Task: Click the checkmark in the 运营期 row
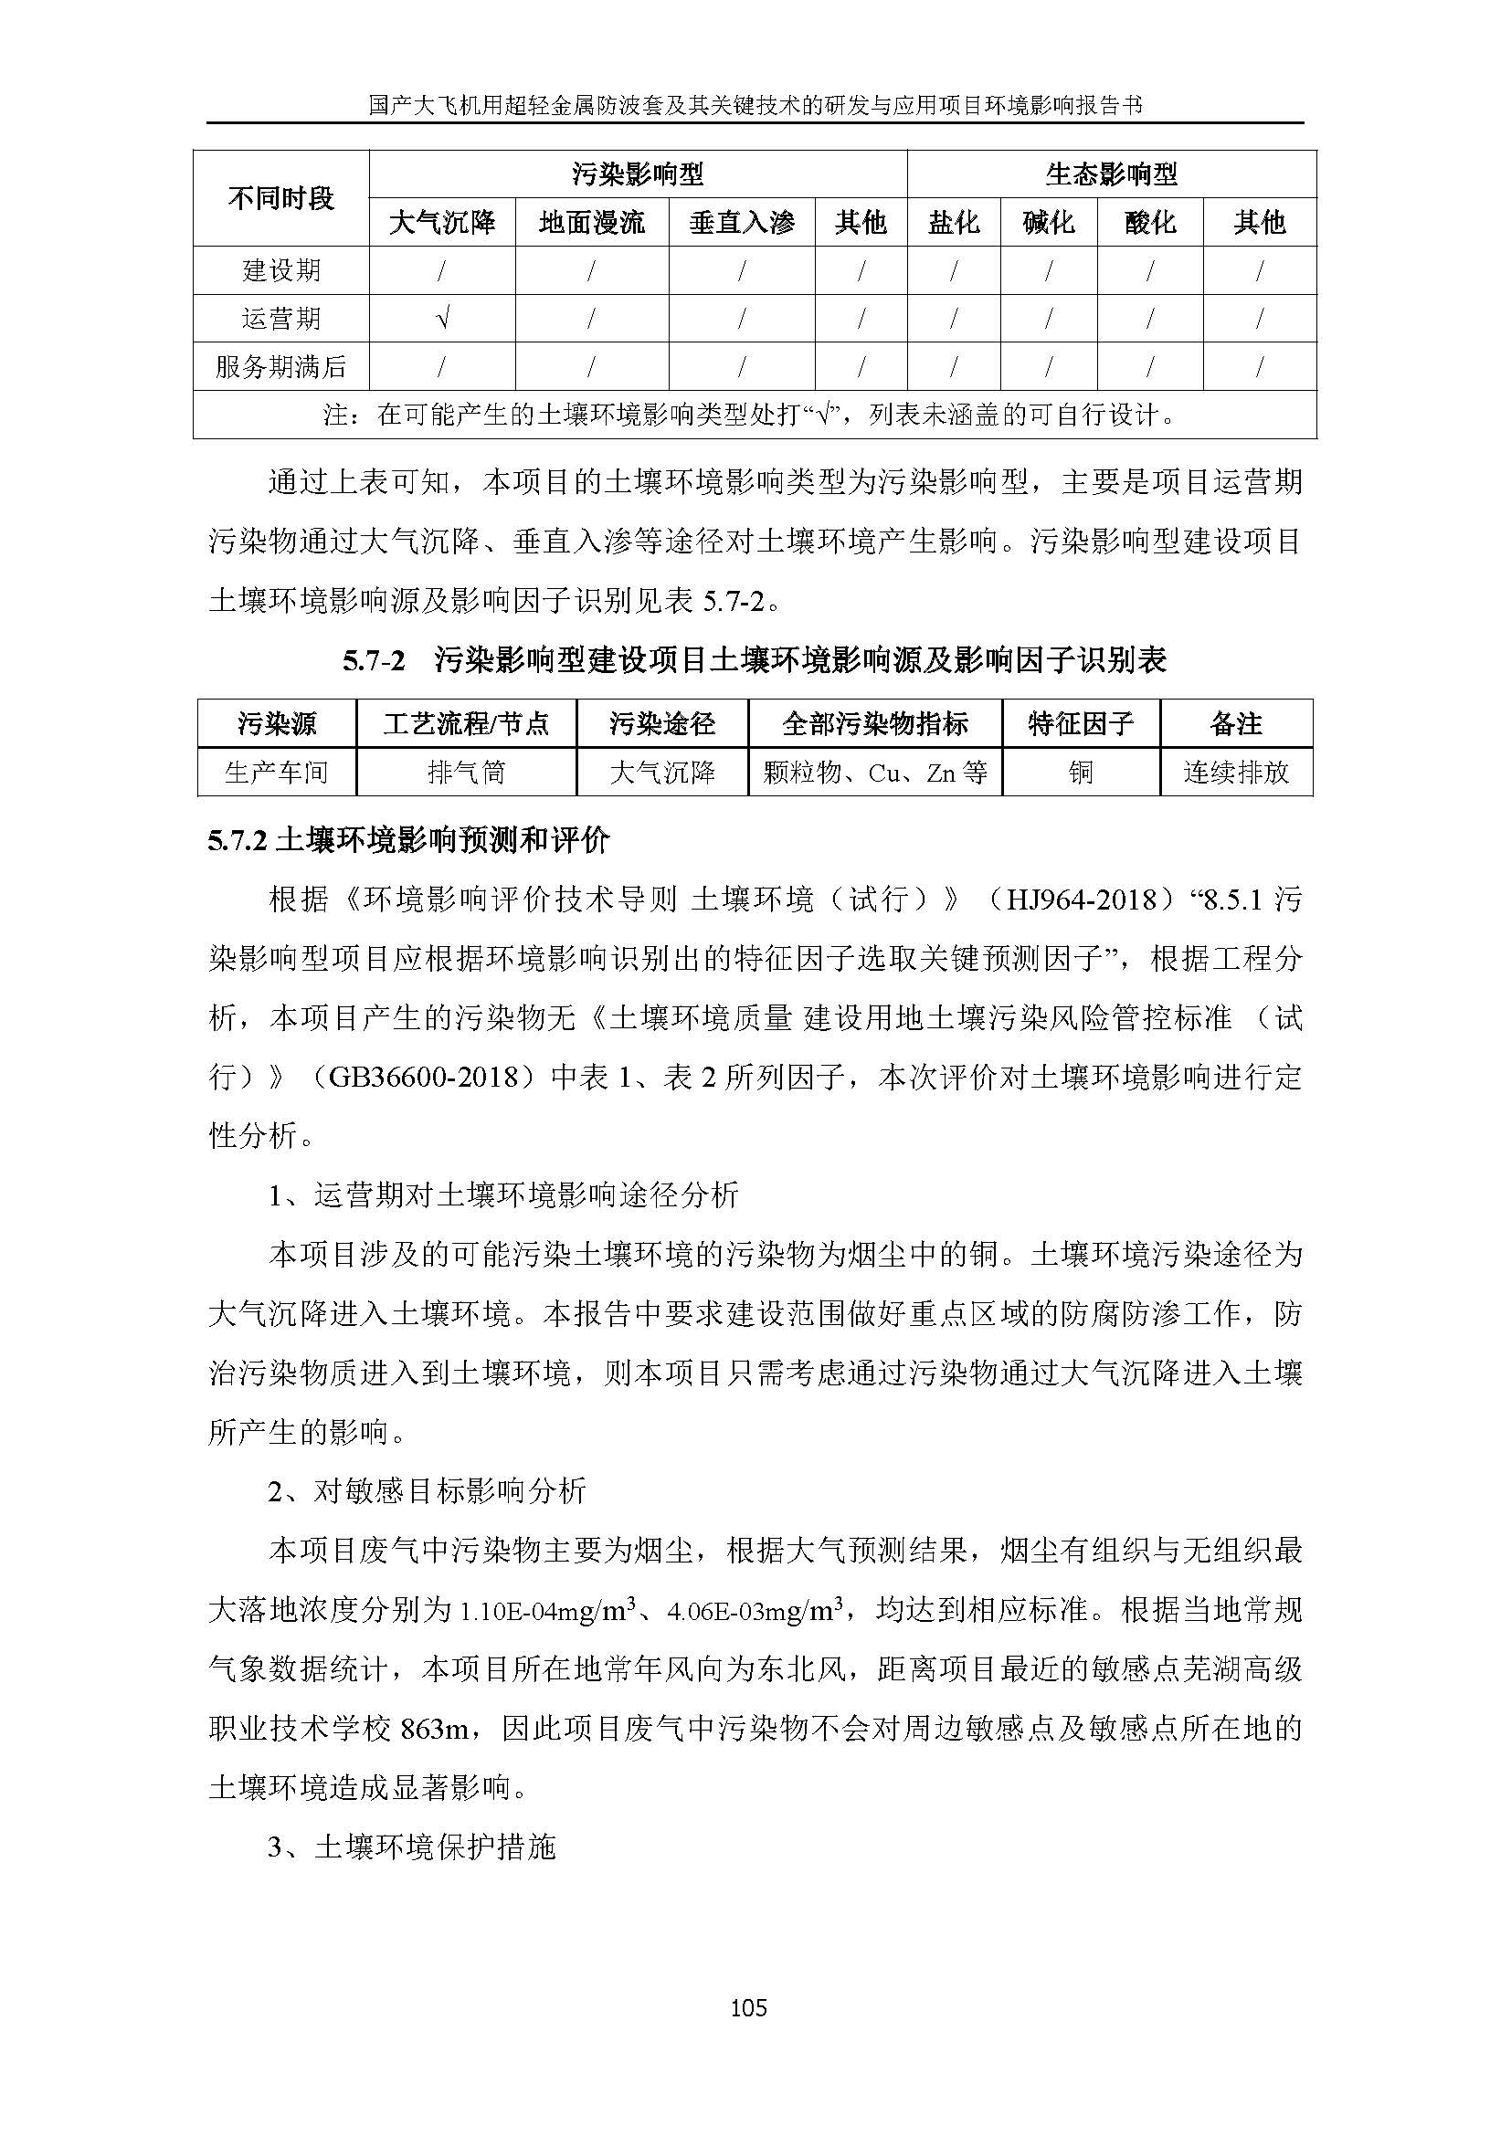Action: [442, 319]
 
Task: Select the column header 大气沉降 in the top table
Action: [442, 222]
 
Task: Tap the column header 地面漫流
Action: [592, 222]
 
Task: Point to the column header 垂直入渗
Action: [742, 222]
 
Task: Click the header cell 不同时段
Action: [280, 198]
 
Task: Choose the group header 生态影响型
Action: [1111, 174]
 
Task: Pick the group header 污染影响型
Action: [638, 174]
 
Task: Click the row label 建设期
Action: [280, 270]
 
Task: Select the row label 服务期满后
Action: [280, 367]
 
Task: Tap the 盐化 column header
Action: [954, 222]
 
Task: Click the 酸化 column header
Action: [1149, 222]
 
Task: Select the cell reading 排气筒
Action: [466, 773]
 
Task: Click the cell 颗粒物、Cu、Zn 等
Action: [874, 773]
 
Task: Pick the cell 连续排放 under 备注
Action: [1236, 773]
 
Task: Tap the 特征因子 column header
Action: [1080, 724]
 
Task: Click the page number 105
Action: [749, 2007]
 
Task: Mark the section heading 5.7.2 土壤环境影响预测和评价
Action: [408, 841]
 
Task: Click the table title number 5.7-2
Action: [374, 661]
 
